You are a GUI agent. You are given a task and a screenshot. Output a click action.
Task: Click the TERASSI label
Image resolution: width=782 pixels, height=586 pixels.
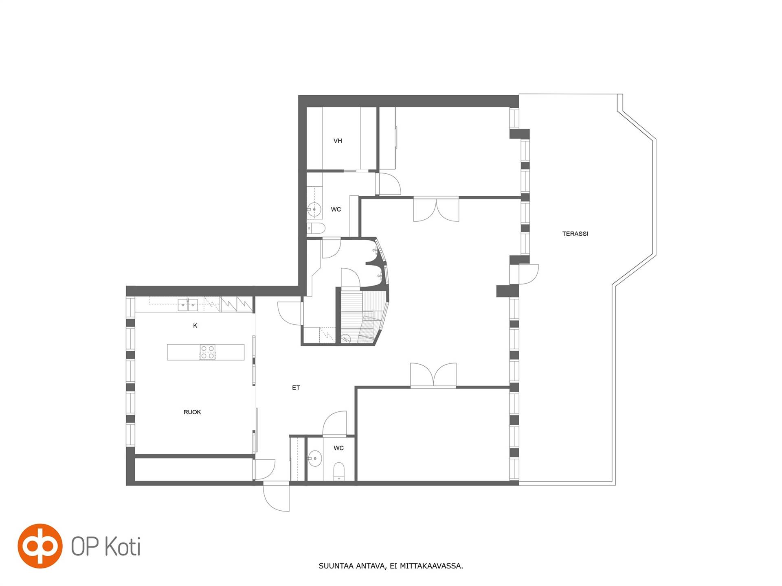(x=575, y=234)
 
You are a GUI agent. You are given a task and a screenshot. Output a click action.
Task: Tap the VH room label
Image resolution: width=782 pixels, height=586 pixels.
(x=338, y=141)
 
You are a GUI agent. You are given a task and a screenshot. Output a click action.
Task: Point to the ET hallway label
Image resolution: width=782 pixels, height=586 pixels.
(x=296, y=388)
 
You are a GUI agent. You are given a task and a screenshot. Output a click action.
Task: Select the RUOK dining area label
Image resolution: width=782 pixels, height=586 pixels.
(x=192, y=412)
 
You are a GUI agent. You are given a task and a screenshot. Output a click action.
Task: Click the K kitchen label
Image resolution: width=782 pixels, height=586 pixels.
(x=195, y=326)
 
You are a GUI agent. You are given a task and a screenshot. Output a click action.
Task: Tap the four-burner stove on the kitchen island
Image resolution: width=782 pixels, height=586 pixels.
(x=208, y=352)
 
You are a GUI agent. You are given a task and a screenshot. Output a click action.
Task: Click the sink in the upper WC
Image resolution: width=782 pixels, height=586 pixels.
(x=314, y=209)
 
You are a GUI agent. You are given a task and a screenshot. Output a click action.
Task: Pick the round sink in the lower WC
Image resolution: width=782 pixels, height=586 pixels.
(x=314, y=459)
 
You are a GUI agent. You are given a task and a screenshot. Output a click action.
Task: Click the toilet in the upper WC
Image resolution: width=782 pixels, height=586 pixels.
(x=316, y=228)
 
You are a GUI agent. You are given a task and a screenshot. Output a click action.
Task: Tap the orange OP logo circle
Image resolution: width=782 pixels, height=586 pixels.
(x=40, y=546)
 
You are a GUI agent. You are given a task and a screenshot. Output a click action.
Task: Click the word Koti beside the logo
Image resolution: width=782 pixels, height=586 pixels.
(x=123, y=546)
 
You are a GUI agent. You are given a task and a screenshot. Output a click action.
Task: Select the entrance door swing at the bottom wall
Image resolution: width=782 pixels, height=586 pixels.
(x=276, y=497)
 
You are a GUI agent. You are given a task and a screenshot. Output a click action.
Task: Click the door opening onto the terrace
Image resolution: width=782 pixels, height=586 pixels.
(x=529, y=274)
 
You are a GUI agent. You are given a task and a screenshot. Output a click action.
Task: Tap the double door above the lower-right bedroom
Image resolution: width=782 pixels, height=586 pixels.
(x=433, y=374)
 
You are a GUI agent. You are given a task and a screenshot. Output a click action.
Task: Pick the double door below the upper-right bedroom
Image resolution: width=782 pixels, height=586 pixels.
(x=436, y=209)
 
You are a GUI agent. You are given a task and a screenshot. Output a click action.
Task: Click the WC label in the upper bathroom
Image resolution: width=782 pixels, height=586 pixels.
(x=336, y=210)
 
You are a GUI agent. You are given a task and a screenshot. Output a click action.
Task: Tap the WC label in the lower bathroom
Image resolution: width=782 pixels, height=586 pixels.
(x=338, y=448)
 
